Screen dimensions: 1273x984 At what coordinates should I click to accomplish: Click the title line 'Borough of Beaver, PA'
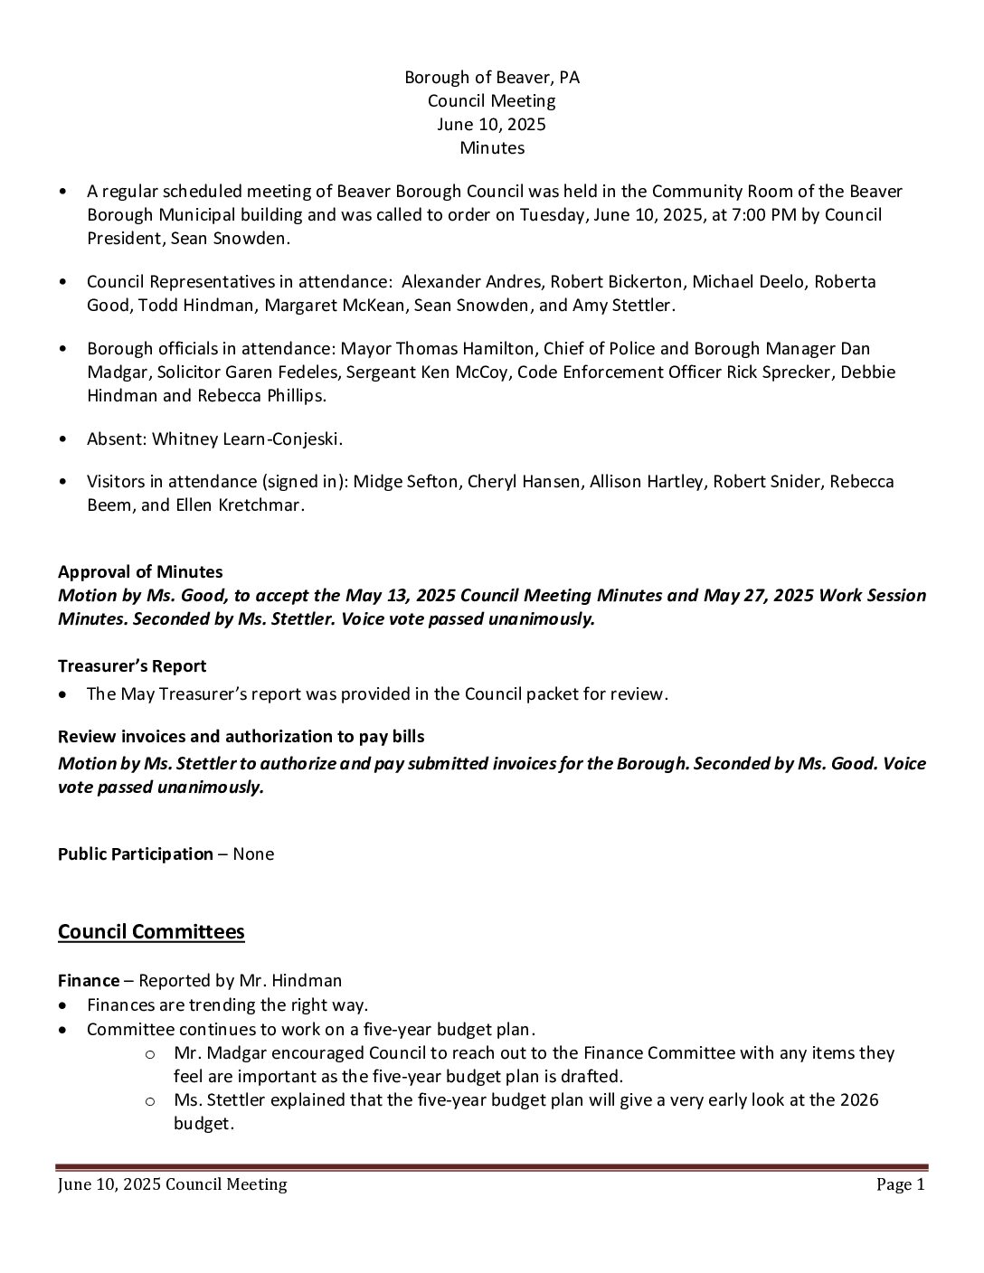tap(492, 78)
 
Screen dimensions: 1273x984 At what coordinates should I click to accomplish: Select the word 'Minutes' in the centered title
tap(492, 147)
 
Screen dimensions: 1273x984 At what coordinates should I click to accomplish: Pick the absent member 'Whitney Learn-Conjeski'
tap(246, 439)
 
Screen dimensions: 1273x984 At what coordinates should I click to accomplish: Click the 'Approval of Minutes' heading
tap(140, 572)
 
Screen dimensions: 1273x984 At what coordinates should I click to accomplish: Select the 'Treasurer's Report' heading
tap(132, 666)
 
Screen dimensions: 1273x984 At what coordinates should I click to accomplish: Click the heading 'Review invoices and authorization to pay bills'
tap(241, 737)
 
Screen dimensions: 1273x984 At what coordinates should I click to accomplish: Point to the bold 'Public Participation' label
tap(136, 854)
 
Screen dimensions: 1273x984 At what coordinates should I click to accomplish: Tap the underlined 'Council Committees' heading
tap(151, 932)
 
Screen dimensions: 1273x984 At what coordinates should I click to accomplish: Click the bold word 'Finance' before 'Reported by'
tap(89, 981)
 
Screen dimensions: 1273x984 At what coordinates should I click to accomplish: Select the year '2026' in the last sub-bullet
tap(859, 1100)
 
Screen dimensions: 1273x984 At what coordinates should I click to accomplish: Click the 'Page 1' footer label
tap(900, 1185)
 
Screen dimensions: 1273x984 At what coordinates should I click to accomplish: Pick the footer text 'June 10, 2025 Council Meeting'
tap(172, 1185)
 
